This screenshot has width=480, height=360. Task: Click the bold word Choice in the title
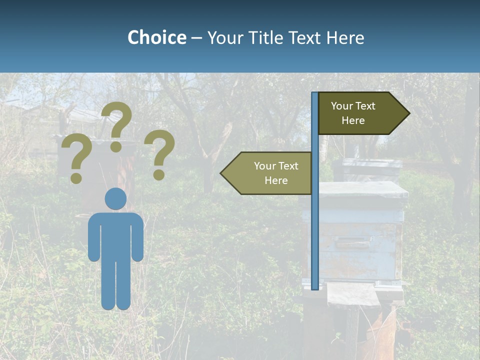coord(156,37)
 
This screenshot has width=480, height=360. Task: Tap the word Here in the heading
coord(344,37)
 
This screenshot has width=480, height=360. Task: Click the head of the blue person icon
coord(115,198)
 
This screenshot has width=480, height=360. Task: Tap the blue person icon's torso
coord(115,235)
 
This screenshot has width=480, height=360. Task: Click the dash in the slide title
coord(196,38)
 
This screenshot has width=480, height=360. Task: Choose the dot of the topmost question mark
coord(116,147)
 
